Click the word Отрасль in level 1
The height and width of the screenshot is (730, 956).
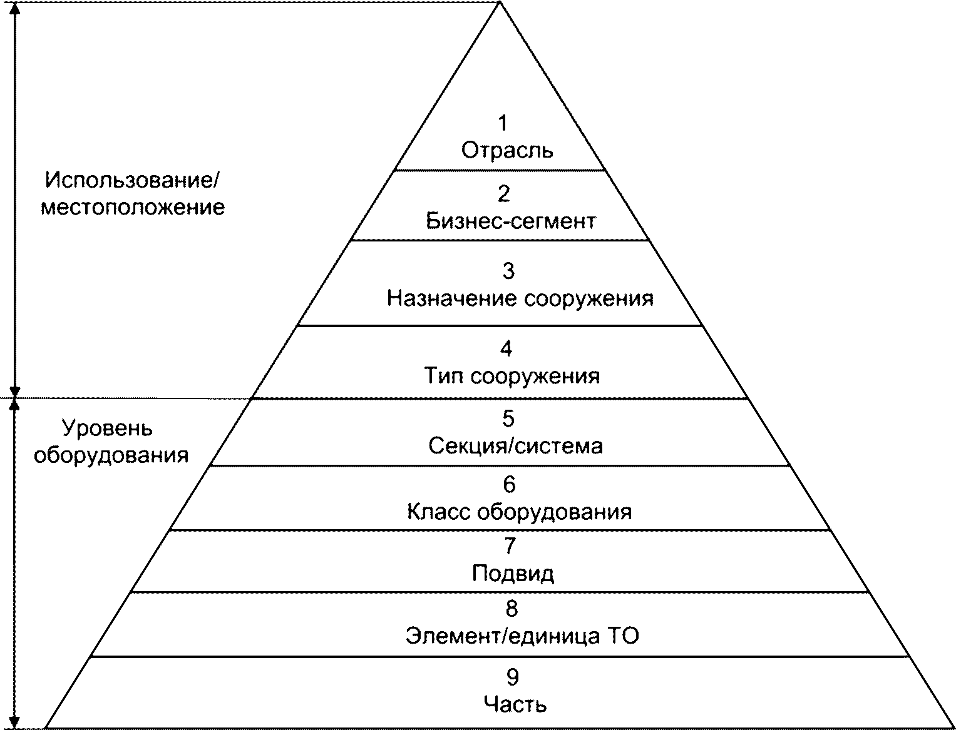tap(507, 151)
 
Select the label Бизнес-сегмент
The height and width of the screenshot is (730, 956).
tap(510, 221)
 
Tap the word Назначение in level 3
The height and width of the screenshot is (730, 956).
tap(451, 298)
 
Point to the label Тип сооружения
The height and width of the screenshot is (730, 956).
tap(511, 376)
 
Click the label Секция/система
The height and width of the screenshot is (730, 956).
tap(516, 445)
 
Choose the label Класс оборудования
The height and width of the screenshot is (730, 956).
tap(519, 512)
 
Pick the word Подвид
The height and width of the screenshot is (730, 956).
tap(513, 574)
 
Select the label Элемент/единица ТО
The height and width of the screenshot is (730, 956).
tap(522, 636)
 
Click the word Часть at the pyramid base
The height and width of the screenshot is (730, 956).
tap(515, 704)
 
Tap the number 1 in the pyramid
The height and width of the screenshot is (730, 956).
tap(503, 123)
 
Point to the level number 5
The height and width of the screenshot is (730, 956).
tap(508, 418)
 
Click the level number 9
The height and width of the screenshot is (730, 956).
tap(513, 677)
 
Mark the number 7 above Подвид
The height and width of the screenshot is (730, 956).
tap(510, 545)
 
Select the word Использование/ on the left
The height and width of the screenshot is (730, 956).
tap(132, 180)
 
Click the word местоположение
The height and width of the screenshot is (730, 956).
tap(133, 208)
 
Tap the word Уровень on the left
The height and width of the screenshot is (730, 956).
tap(107, 428)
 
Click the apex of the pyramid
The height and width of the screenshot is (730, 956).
tap(500, 2)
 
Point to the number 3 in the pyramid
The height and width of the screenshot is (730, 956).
tap(508, 271)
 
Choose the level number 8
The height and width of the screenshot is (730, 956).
tap(511, 608)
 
